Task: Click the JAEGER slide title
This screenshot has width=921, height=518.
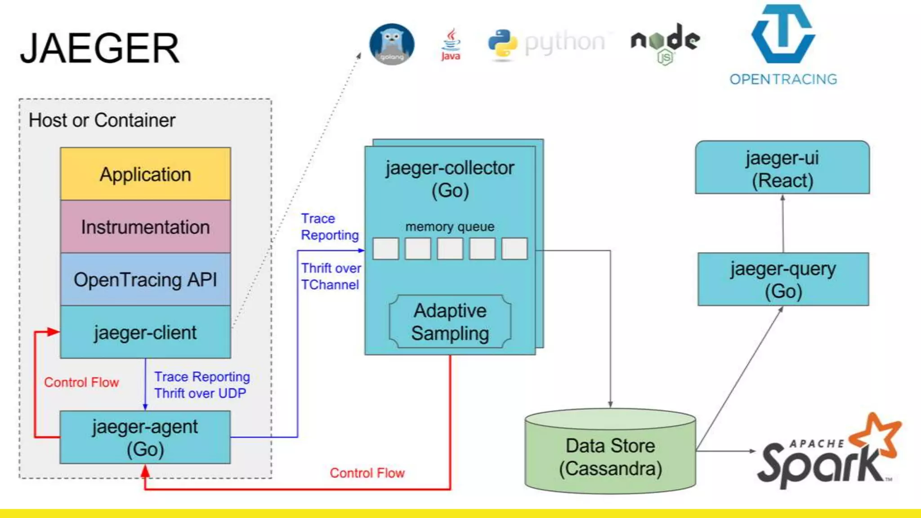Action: pos(100,49)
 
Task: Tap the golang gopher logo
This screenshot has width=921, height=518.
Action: pos(392,44)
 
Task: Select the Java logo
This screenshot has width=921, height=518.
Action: pos(451,45)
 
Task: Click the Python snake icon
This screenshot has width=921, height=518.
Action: pos(502,44)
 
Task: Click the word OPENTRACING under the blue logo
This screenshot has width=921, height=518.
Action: pos(783,80)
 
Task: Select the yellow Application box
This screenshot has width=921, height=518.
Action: pos(145,174)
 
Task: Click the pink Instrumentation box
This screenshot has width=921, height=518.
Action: pos(145,227)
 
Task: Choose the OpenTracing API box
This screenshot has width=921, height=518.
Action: pos(145,279)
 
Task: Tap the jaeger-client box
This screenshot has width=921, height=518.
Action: pos(145,332)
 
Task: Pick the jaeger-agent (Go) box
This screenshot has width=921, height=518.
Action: pos(145,437)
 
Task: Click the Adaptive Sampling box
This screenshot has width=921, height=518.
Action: pos(450,322)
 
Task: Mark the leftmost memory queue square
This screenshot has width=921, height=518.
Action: pos(385,249)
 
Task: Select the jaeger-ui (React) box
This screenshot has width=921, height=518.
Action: pos(782,168)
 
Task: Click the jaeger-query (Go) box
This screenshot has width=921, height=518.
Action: pos(783,279)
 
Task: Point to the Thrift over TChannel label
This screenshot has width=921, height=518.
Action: pos(331,276)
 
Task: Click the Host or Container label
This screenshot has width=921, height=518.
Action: pos(102,121)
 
